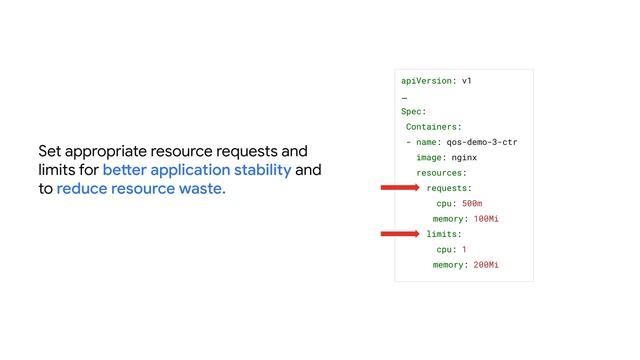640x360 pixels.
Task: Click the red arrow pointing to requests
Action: (x=400, y=188)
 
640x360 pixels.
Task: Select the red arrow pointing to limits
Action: (x=400, y=234)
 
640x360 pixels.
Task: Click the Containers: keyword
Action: (x=433, y=127)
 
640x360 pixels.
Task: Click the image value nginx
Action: (x=464, y=158)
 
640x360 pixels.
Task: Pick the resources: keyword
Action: (x=441, y=173)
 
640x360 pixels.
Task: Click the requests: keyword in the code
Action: (x=449, y=188)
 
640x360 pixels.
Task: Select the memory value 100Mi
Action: (x=485, y=219)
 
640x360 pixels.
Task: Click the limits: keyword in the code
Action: (x=444, y=234)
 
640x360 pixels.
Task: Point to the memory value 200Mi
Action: (x=485, y=265)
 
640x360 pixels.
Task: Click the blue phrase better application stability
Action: (x=196, y=170)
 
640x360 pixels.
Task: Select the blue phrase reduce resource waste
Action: (x=141, y=188)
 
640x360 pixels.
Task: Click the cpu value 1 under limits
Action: (x=464, y=249)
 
